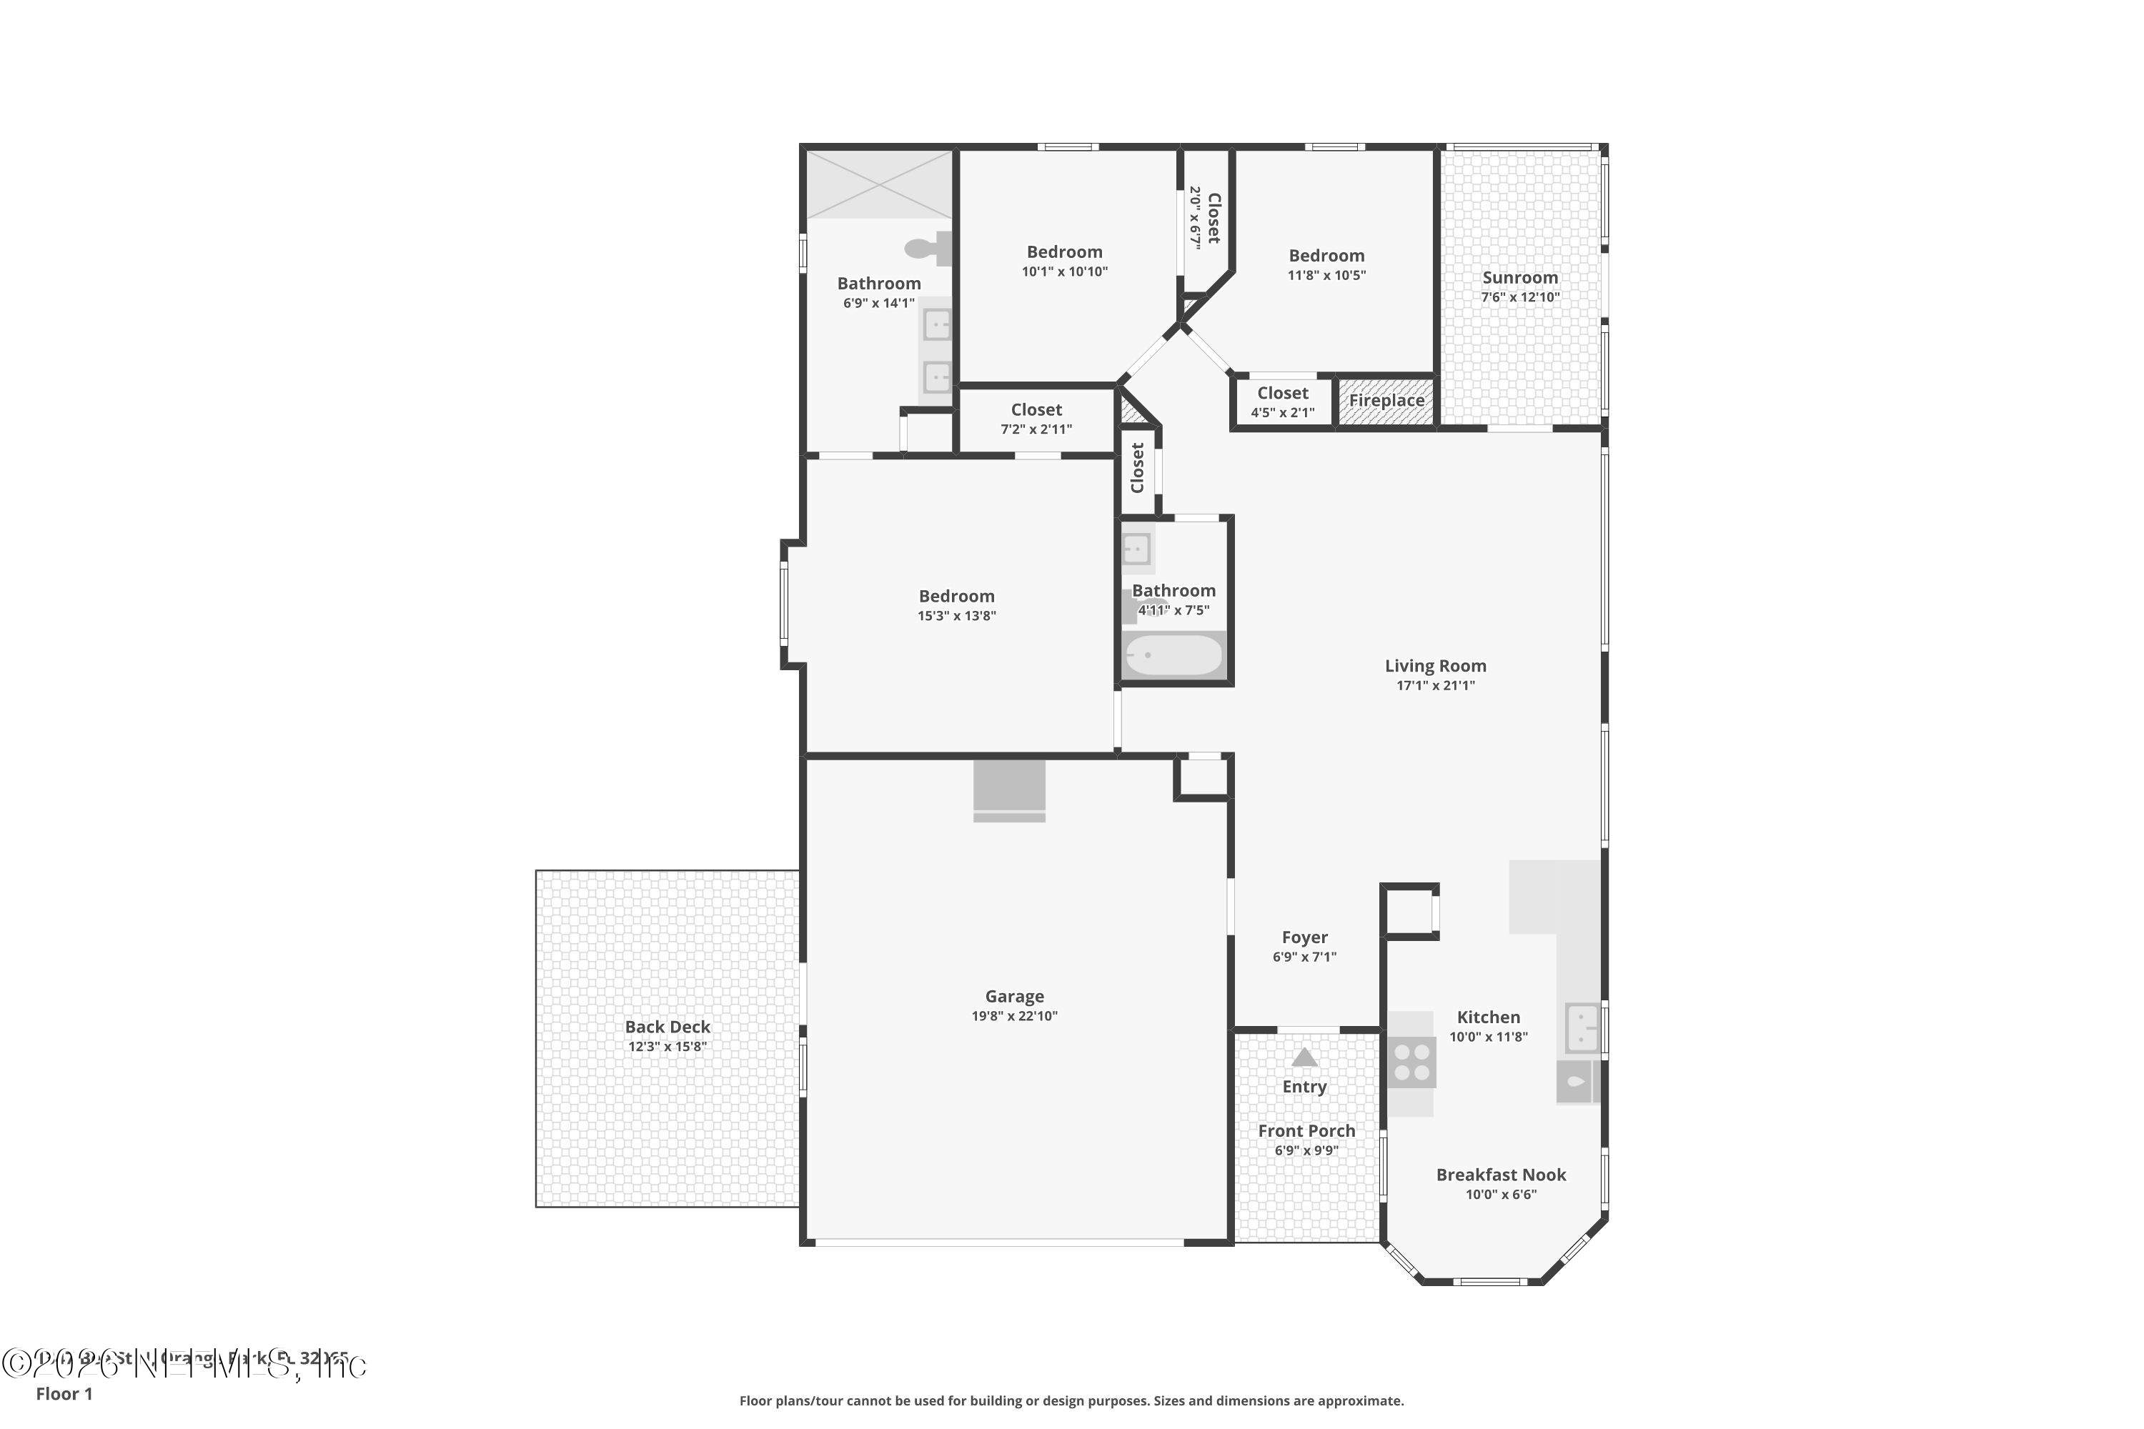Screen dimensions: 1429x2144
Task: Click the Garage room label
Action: (x=1013, y=996)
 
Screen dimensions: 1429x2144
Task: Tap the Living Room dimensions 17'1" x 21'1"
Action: (x=1435, y=685)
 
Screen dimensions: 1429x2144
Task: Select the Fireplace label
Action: (x=1386, y=400)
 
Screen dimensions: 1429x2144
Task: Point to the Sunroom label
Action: (x=1519, y=278)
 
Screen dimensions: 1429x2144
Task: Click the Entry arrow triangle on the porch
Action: (x=1304, y=1057)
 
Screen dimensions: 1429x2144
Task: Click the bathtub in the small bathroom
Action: (x=1173, y=655)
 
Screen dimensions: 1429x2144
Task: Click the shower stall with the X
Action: (x=879, y=185)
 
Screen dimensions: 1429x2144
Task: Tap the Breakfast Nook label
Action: (x=1500, y=1175)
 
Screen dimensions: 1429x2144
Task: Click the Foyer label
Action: (x=1304, y=937)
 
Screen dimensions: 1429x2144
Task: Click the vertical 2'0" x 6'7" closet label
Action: (x=1204, y=218)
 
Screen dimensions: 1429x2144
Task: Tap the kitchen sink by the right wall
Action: (x=1582, y=1027)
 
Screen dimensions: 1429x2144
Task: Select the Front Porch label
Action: (x=1306, y=1131)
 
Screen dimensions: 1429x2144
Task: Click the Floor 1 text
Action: (x=64, y=1393)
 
